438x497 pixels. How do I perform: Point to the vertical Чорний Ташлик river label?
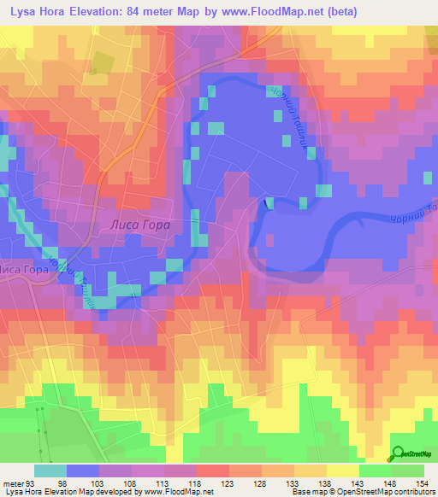(x=291, y=120)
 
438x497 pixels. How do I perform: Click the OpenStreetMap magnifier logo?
(x=399, y=455)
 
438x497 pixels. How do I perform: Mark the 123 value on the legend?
(x=228, y=483)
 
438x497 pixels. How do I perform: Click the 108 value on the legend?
(x=131, y=483)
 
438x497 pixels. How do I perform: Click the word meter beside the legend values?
(x=14, y=483)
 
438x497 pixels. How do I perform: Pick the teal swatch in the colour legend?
(x=50, y=471)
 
